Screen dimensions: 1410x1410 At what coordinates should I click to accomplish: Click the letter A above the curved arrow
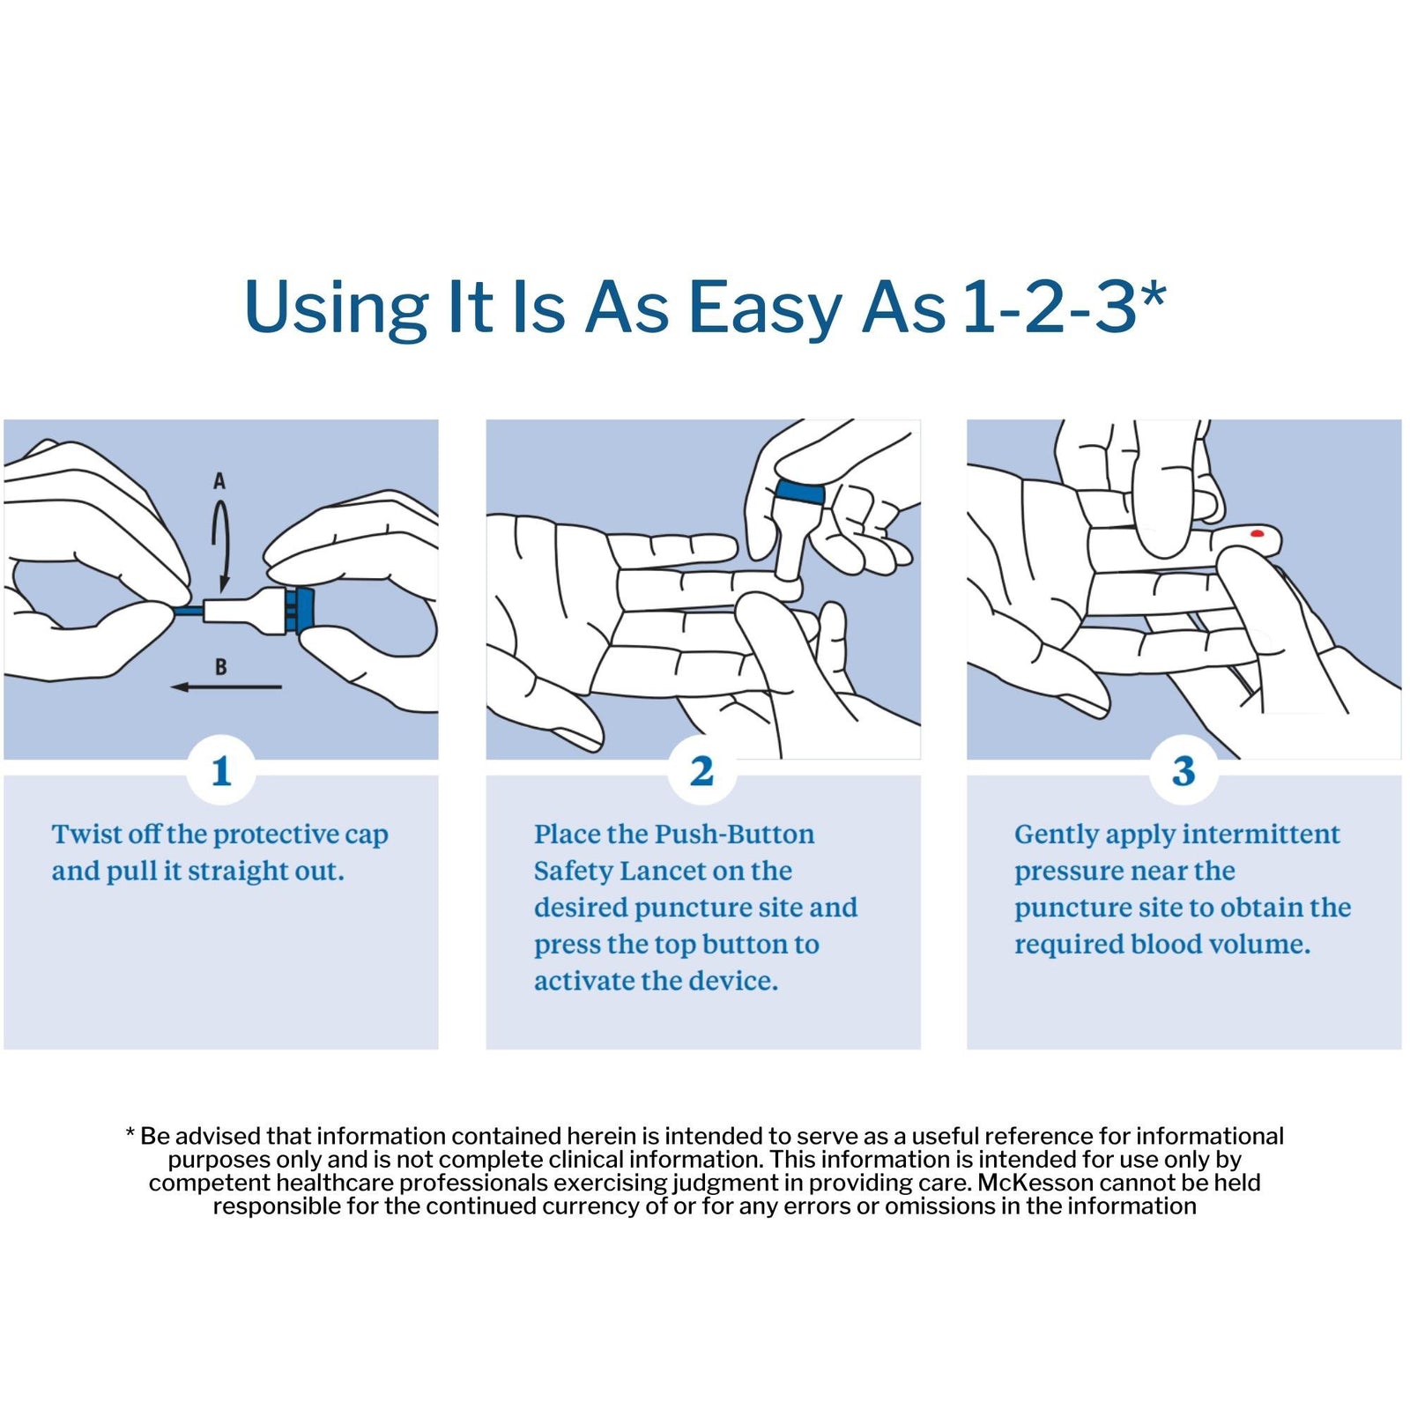tap(219, 481)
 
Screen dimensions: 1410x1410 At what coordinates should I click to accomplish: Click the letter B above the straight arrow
tap(220, 667)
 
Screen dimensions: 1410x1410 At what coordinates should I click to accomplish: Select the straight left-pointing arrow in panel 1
tap(226, 687)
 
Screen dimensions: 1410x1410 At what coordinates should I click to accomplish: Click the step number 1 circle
tap(221, 771)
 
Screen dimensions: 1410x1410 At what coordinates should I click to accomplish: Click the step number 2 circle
tap(702, 771)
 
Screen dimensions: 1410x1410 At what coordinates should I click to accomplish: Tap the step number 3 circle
tap(1184, 771)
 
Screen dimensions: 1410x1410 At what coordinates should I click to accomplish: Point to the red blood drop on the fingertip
tap(1258, 534)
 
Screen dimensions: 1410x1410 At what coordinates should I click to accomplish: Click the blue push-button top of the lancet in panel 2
tap(800, 493)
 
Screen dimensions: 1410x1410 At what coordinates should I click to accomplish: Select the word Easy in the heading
tap(764, 308)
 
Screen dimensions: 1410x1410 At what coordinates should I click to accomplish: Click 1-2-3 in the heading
tap(1050, 308)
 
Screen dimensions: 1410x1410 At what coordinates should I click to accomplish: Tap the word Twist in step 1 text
tap(85, 834)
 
